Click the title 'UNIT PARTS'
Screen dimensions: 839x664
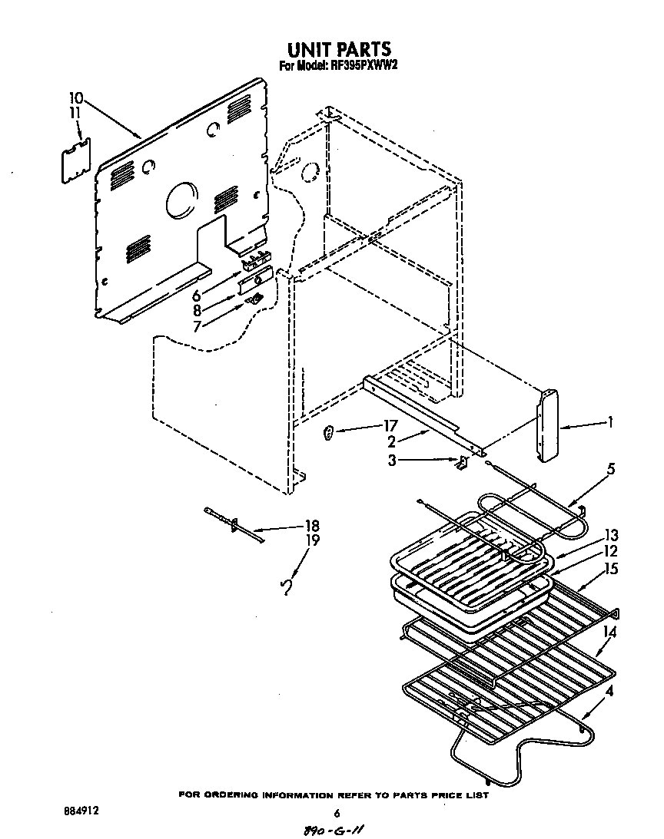pos(333,50)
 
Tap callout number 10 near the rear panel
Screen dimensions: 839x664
pos(75,98)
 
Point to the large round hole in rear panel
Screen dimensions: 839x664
pos(179,199)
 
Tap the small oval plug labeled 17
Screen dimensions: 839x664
pos(329,434)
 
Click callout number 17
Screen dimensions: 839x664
pos(390,427)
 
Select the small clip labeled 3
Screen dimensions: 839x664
pos(462,462)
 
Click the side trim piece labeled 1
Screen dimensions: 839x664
pos(546,427)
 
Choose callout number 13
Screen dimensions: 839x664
pos(611,535)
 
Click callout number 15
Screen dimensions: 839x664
pos(611,569)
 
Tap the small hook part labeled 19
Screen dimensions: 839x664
pos(287,586)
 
